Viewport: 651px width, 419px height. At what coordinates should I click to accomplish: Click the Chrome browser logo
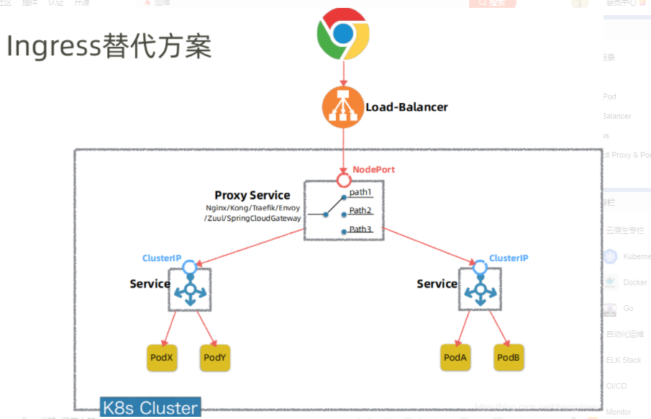click(x=343, y=34)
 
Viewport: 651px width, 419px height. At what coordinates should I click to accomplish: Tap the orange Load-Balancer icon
click(x=342, y=107)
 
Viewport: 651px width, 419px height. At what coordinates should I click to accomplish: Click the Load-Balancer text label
click(x=406, y=107)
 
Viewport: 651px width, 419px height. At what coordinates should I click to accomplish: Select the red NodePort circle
click(x=343, y=179)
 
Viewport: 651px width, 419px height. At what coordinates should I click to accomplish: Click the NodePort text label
click(x=373, y=169)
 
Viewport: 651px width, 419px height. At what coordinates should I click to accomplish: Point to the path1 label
click(x=360, y=192)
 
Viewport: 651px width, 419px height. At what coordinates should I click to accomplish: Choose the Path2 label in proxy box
click(x=360, y=211)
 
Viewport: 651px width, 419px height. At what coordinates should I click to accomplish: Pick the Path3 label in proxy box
click(x=360, y=230)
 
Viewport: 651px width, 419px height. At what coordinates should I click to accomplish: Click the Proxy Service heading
click(x=252, y=195)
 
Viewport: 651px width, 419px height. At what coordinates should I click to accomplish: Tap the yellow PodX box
click(x=162, y=358)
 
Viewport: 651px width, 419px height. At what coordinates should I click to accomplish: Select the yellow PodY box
click(x=215, y=358)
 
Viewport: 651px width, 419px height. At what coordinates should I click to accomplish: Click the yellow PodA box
click(x=455, y=358)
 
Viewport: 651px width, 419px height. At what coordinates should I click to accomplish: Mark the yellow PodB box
click(x=509, y=358)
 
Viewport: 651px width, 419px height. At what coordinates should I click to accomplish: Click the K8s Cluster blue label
click(x=150, y=407)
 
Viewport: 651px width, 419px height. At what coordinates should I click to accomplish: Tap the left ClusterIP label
click(x=162, y=258)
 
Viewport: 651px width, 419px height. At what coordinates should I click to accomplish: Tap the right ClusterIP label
click(x=509, y=258)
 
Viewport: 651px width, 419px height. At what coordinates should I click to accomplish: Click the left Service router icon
click(x=190, y=293)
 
